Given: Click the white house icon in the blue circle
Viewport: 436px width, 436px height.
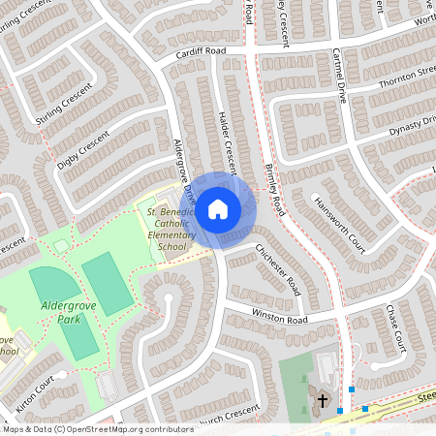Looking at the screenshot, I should pos(218,207).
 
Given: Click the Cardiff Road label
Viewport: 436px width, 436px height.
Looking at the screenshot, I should pos(201,53).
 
